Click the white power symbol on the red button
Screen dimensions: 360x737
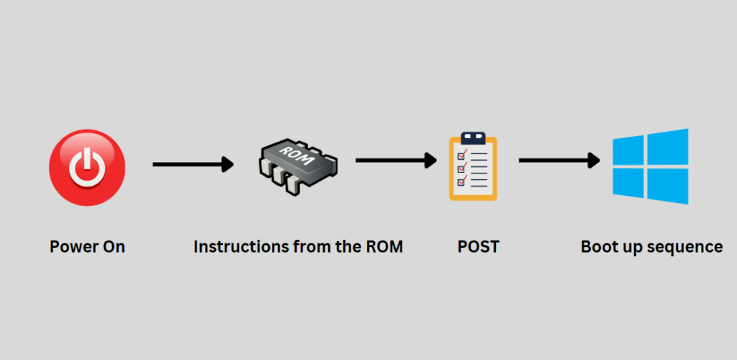click(x=87, y=168)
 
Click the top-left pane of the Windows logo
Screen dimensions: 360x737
click(x=628, y=151)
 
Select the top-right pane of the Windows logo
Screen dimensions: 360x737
click(x=668, y=146)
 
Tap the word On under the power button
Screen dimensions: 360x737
click(x=114, y=247)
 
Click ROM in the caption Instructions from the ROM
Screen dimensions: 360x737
click(x=384, y=247)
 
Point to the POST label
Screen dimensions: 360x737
click(x=479, y=247)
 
